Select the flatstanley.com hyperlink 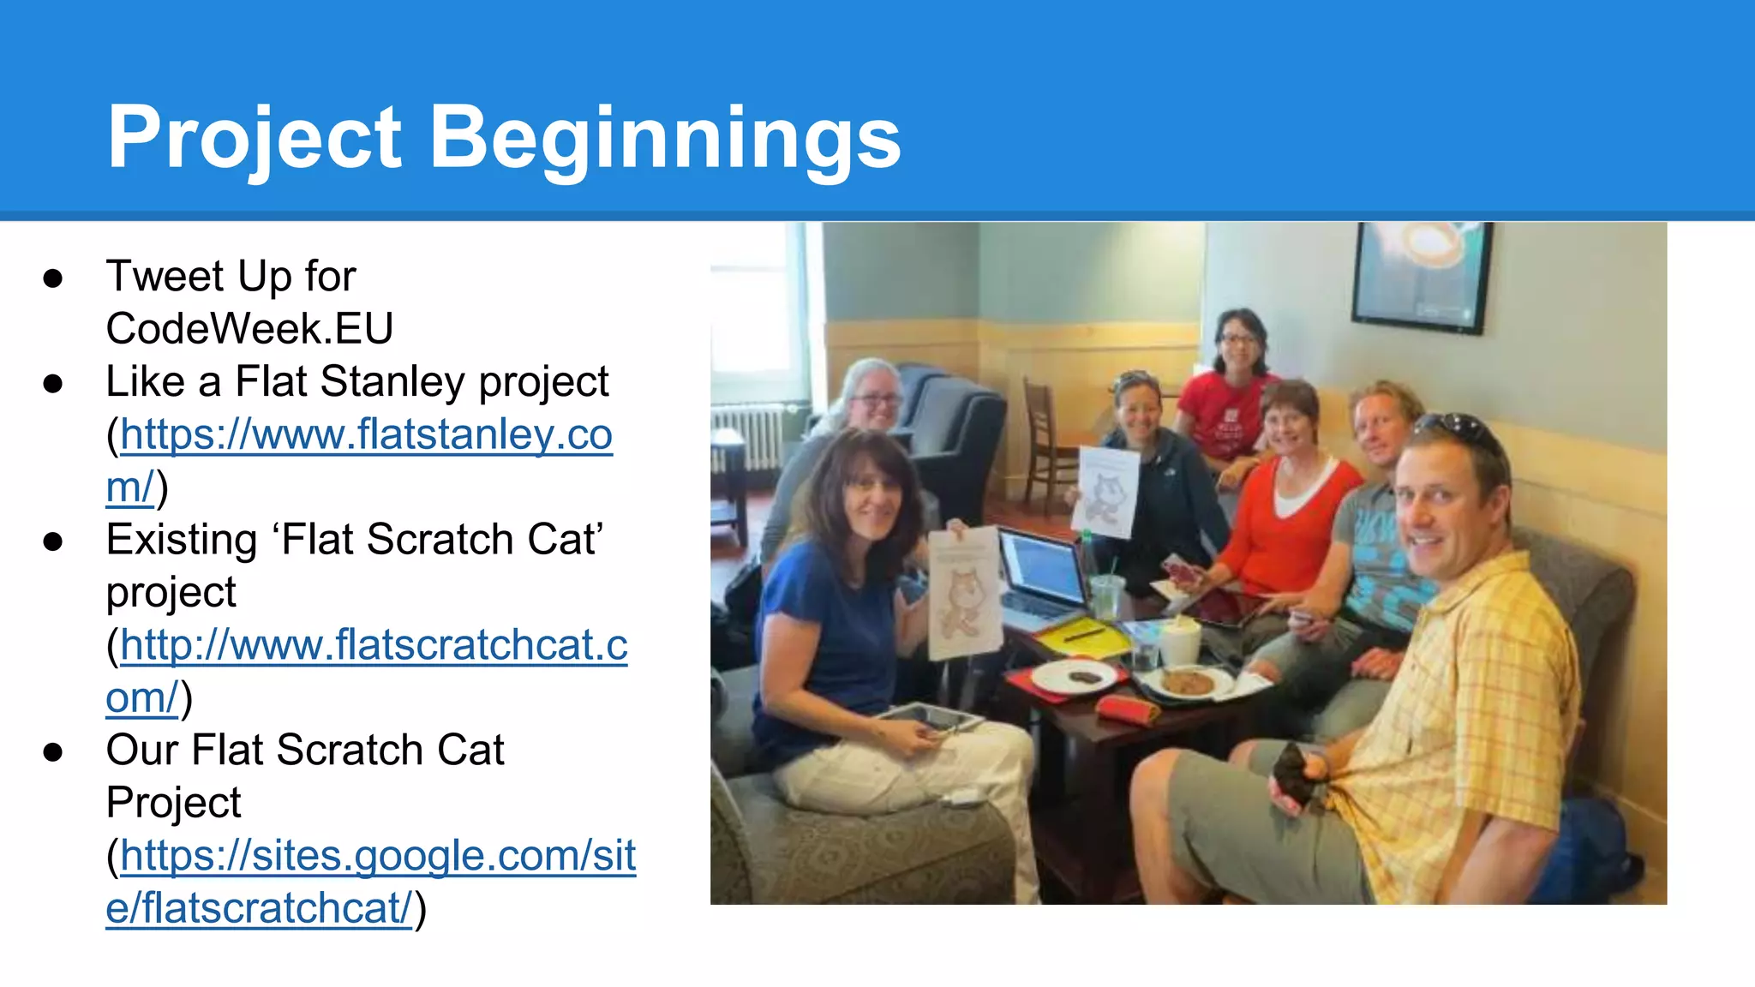367,435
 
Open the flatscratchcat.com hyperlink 374,646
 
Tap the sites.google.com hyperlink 378,856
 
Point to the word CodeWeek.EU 249,329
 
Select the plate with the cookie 1189,683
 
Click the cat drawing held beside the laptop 964,591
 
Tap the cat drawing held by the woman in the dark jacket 1107,492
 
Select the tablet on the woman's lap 930,719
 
